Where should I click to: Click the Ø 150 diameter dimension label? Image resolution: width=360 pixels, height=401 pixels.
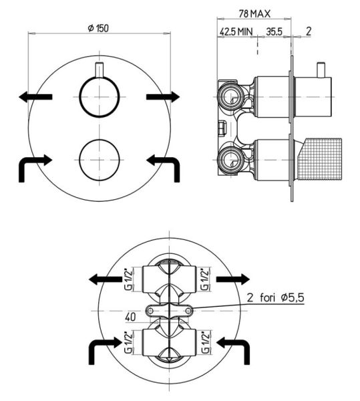98,28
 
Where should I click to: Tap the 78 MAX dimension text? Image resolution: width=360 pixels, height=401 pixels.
254,13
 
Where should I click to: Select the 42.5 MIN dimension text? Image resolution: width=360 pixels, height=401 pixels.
236,31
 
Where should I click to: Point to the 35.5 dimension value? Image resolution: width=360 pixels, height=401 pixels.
274,31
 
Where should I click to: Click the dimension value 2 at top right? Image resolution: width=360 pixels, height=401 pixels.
309,31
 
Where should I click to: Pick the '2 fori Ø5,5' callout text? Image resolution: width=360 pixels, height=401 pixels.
275,297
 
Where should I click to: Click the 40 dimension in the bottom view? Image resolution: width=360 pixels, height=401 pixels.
130,317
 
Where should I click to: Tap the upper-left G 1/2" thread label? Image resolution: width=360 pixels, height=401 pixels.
128,279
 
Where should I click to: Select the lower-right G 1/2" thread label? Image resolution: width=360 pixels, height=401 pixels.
205,342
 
